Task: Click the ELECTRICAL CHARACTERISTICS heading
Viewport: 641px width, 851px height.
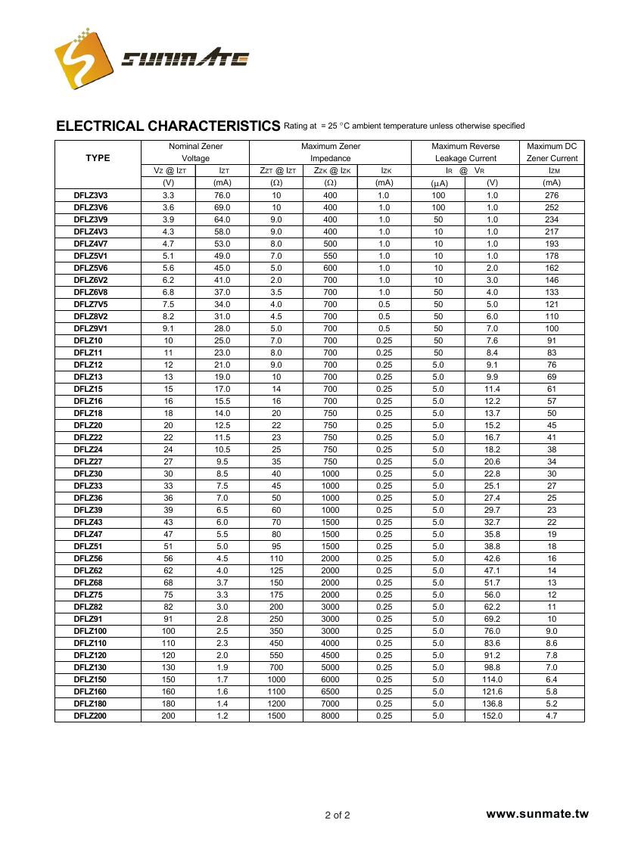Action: (x=168, y=126)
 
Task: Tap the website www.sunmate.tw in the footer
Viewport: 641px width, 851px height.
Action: (x=537, y=814)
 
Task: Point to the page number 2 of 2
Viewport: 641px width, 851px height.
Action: (x=338, y=815)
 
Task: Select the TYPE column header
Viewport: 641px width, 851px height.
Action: (x=98, y=158)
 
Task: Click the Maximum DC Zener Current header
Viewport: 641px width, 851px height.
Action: (x=552, y=152)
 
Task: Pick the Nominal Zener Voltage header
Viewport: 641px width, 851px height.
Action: (x=194, y=152)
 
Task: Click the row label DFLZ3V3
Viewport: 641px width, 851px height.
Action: (x=91, y=195)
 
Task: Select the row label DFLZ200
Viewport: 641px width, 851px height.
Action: (x=90, y=716)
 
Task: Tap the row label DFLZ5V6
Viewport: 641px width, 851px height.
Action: (x=91, y=268)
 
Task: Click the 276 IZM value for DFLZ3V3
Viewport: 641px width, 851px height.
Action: (x=552, y=195)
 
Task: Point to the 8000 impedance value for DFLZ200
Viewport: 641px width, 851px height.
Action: (x=330, y=716)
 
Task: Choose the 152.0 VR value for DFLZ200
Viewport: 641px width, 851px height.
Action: (x=492, y=716)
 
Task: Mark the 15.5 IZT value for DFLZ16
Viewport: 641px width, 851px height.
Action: (x=222, y=401)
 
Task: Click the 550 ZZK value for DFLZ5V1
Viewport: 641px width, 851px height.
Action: (x=330, y=256)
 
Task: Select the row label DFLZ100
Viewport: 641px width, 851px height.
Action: (x=90, y=631)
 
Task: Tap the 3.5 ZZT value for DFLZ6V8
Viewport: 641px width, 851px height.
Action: (x=276, y=292)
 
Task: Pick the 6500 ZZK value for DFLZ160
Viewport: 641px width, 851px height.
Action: (x=330, y=691)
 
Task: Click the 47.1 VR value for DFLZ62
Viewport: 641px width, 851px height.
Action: (x=492, y=570)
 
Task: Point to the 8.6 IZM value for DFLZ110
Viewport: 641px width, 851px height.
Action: (x=552, y=643)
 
